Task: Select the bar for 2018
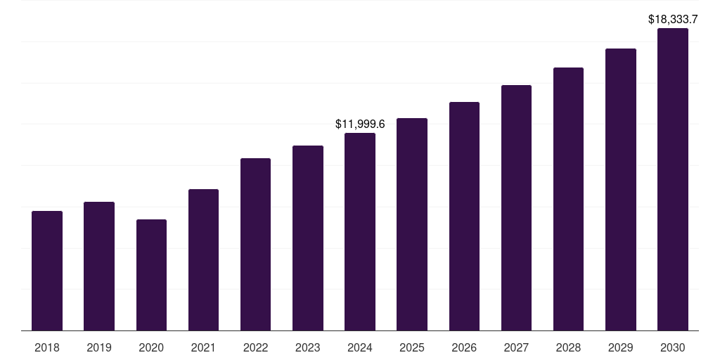point(47,271)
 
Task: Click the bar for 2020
point(152,275)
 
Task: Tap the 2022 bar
point(255,244)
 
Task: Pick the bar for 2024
point(360,232)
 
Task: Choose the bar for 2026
point(464,217)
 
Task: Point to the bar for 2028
point(568,199)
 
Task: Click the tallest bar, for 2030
point(673,179)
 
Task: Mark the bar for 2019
point(99,266)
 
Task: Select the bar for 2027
point(516,208)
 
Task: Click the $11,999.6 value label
point(360,124)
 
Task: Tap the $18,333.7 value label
point(673,19)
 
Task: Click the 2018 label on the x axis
point(47,347)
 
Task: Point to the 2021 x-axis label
point(203,347)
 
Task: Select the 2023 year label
point(308,347)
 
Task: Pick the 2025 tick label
point(412,347)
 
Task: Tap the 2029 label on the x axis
point(620,347)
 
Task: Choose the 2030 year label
point(673,347)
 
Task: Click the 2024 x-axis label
point(360,347)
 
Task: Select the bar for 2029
point(621,190)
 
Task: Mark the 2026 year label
point(464,347)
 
